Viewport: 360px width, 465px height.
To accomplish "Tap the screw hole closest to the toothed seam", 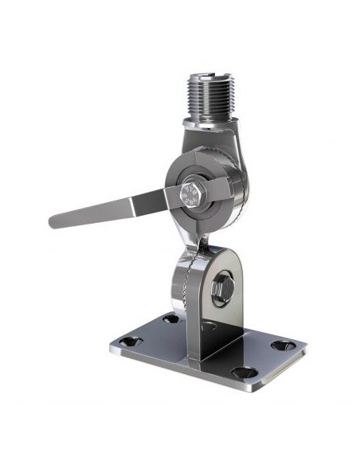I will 170,319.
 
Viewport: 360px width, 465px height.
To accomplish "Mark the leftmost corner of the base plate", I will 110,347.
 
